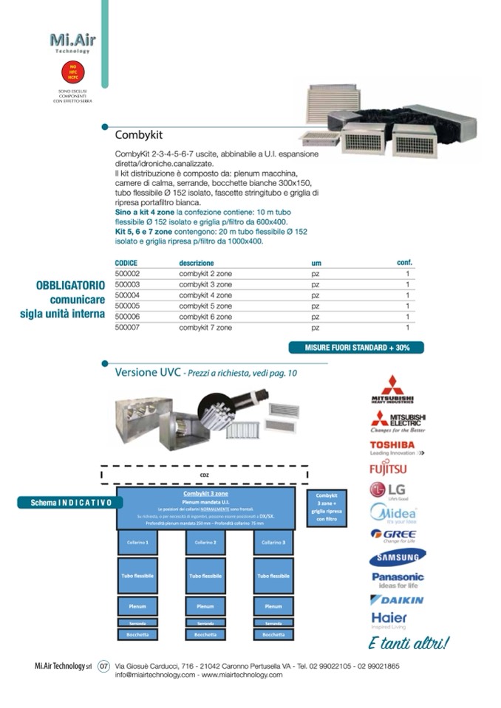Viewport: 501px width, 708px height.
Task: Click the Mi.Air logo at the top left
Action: [72, 41]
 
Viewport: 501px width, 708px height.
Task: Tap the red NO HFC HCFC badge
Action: [72, 72]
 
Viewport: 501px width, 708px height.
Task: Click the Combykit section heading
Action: [138, 135]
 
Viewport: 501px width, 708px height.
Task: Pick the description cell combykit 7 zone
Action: [205, 327]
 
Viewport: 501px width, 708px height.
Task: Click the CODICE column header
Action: [126, 263]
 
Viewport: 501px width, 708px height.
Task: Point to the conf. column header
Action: [404, 263]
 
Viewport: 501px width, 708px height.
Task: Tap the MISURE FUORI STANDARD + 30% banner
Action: [355, 347]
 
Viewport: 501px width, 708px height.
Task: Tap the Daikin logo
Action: [398, 599]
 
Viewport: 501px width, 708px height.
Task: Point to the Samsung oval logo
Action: [398, 557]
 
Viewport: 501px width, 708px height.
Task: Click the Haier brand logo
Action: [389, 618]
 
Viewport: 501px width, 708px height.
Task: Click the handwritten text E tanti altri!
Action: [408, 644]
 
